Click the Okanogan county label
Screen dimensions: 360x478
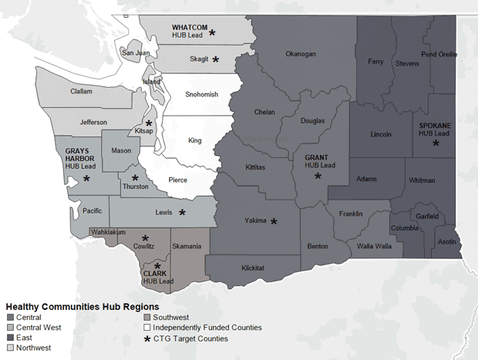point(301,54)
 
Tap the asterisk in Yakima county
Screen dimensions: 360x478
point(273,221)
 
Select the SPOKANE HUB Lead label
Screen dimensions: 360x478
point(435,129)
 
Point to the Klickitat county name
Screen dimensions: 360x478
point(254,267)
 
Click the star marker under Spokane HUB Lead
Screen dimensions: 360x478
point(436,143)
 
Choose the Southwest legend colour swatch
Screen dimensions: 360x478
point(147,317)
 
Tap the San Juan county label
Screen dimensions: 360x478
point(135,52)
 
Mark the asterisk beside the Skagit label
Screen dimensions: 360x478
point(216,59)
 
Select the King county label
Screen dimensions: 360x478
point(196,141)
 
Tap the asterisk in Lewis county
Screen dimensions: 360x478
point(183,212)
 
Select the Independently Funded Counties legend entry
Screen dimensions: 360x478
point(207,327)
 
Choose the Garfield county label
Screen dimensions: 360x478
point(428,217)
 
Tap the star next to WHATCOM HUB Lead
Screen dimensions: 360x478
point(213,33)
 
